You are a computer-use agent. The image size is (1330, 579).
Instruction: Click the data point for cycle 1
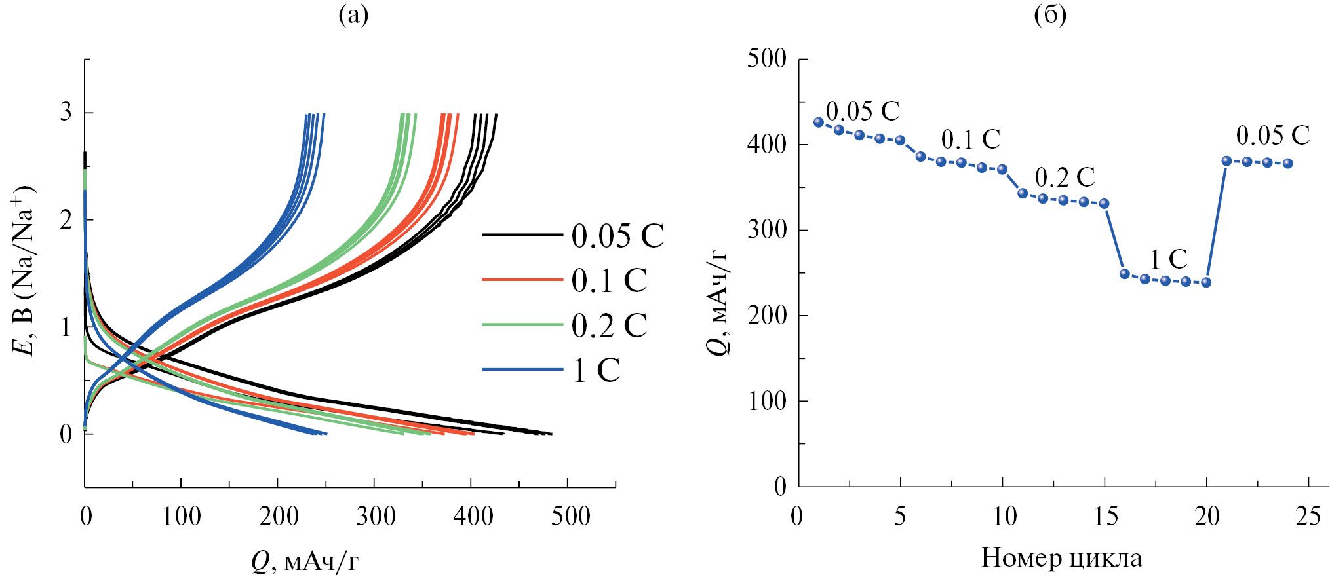(818, 122)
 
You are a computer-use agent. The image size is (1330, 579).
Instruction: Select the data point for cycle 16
(1125, 274)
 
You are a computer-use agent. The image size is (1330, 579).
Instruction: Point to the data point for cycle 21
(1226, 161)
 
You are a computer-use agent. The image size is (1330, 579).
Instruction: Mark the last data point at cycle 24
(1288, 164)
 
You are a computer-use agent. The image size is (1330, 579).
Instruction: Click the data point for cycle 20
(1206, 282)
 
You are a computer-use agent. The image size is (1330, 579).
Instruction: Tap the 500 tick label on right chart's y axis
(767, 59)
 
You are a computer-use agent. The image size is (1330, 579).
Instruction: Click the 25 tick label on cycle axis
(1308, 517)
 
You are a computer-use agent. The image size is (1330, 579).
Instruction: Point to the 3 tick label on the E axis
(66, 112)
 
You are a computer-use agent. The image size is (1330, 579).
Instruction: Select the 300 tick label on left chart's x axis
(375, 517)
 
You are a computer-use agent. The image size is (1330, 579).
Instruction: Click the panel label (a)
(353, 14)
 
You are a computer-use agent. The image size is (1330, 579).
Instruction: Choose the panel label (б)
(1050, 14)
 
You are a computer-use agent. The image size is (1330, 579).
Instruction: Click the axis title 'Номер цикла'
(1061, 558)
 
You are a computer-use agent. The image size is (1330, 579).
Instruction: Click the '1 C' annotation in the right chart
(1169, 259)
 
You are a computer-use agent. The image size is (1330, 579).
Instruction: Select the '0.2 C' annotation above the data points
(1065, 177)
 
